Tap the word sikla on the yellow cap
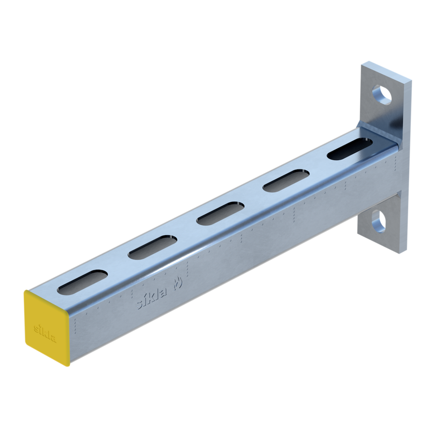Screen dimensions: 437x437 pyautogui.click(x=45, y=332)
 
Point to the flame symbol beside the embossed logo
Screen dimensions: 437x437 pyautogui.click(x=178, y=283)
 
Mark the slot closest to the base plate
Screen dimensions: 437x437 pyautogui.click(x=350, y=149)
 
